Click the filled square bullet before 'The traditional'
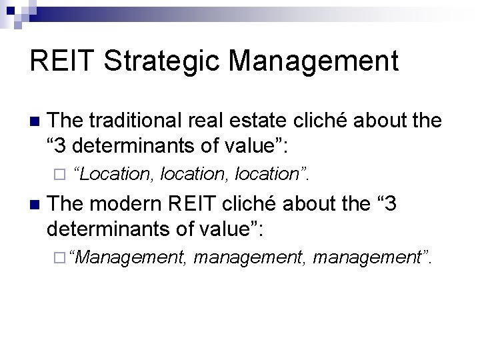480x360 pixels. (35, 122)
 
